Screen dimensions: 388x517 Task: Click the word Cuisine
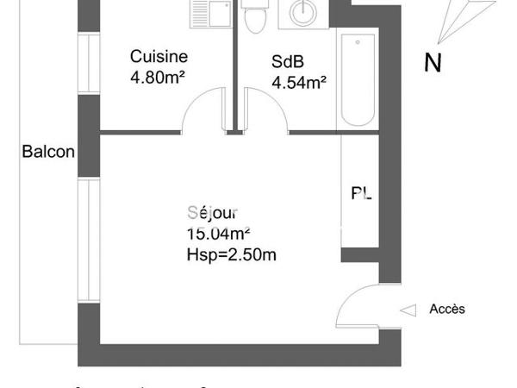159,57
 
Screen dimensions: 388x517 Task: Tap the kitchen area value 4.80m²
159,77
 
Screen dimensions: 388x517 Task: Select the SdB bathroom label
287,62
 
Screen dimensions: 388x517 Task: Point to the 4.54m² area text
298,83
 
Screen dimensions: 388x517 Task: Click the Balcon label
48,153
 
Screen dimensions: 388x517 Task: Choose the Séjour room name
212,212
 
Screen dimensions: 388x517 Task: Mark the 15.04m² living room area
218,233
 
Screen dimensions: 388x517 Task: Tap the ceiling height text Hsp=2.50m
230,253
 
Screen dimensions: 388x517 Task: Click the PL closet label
362,193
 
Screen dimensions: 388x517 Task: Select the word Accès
447,309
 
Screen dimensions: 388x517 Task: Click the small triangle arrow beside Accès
410,309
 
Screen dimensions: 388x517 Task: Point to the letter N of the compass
433,62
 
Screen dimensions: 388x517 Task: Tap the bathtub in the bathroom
357,82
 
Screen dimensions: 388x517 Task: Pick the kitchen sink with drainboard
207,13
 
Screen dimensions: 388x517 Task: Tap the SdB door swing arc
265,112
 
